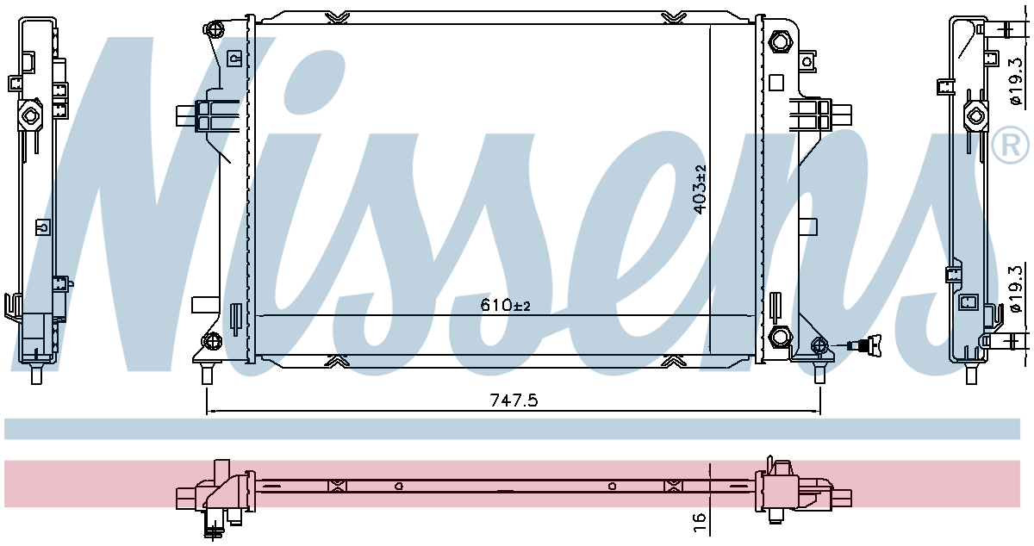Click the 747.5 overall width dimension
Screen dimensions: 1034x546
point(514,400)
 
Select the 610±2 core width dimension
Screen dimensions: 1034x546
point(505,305)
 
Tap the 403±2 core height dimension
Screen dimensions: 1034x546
point(701,189)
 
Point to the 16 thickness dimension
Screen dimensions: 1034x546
point(700,522)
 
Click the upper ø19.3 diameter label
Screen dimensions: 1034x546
point(1016,82)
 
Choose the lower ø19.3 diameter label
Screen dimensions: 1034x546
point(1016,289)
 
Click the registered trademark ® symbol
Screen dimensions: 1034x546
point(1010,145)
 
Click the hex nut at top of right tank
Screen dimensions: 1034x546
point(780,41)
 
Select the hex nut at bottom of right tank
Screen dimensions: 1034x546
point(780,336)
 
